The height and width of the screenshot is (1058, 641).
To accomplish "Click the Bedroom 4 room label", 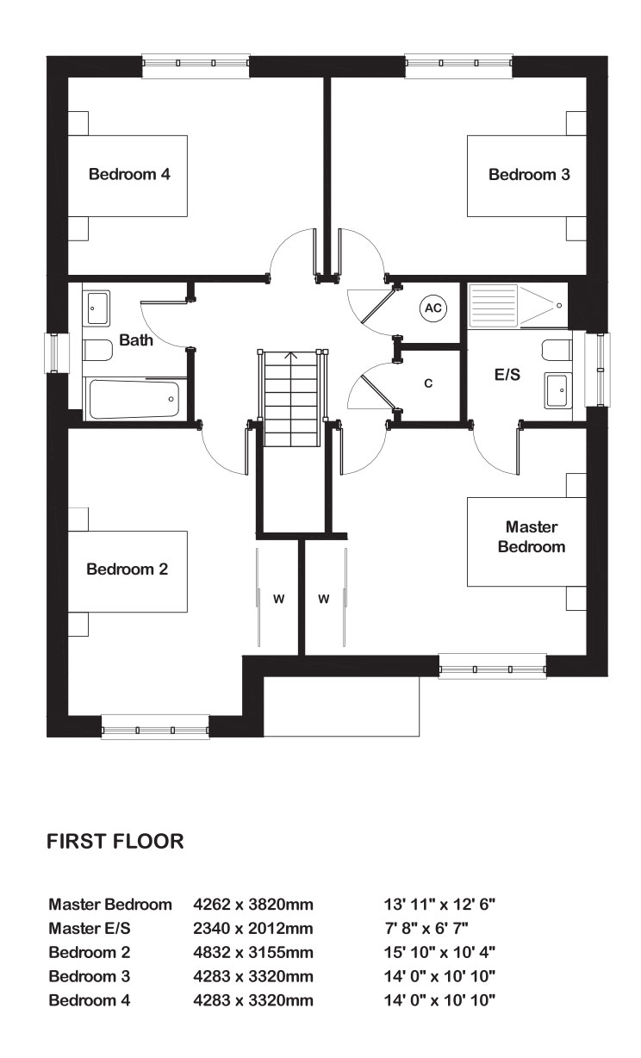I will click(129, 175).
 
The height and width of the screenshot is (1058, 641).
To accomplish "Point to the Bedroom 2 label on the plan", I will click(127, 569).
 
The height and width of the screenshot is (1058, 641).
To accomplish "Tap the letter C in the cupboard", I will click(428, 383).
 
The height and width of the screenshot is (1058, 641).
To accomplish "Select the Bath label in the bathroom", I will click(136, 340).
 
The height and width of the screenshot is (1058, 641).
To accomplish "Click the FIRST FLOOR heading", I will click(115, 842).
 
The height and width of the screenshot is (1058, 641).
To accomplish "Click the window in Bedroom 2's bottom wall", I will click(155, 727).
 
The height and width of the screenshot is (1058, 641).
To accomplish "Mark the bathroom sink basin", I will click(96, 307).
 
